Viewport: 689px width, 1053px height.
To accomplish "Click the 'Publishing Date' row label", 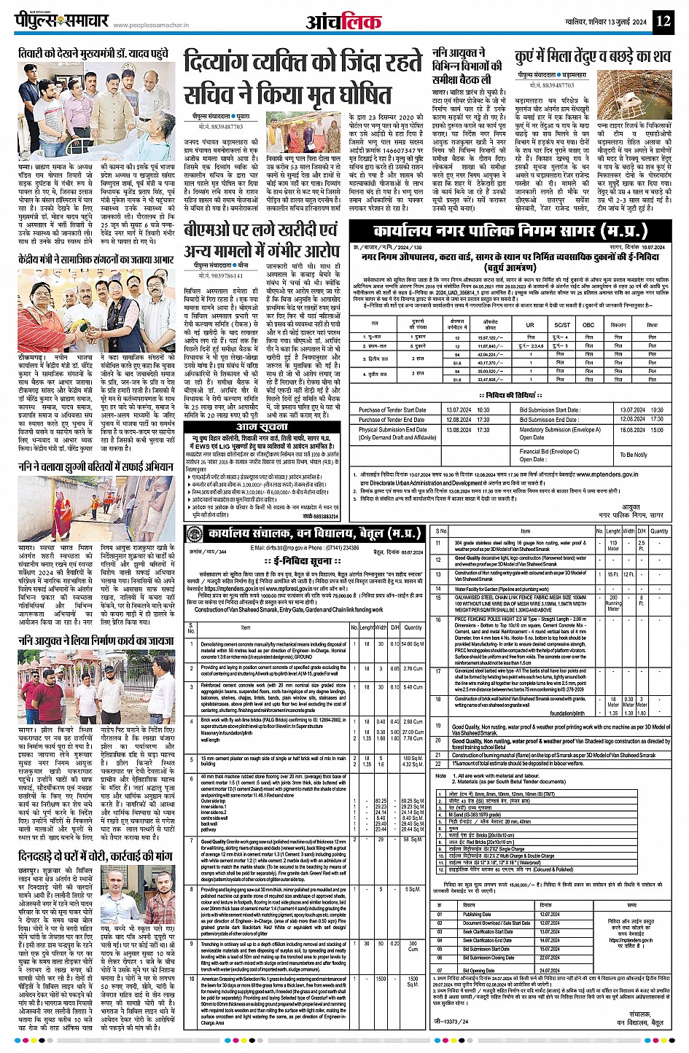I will [x=476, y=914].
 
